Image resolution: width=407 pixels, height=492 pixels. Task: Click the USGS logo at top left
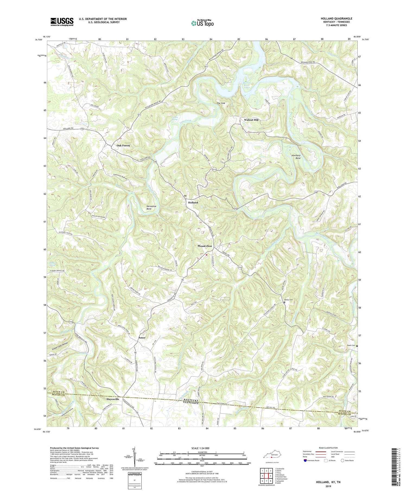coord(62,22)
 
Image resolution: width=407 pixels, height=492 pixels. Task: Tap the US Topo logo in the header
coord(202,23)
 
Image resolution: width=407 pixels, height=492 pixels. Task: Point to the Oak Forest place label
coord(123,145)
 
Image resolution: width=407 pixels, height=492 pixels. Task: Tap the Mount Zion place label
coord(205,246)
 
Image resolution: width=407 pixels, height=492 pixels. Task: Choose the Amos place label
coord(142,338)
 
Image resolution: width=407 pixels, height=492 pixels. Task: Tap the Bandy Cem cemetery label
coord(288,300)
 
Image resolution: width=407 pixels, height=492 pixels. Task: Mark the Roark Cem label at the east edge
coord(351,345)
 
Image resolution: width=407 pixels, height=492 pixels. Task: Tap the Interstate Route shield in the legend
coord(305,461)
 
